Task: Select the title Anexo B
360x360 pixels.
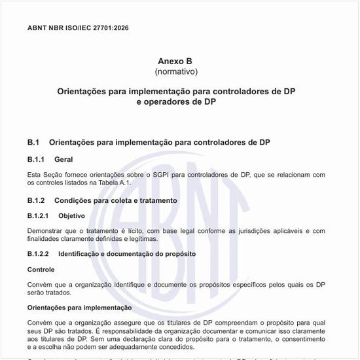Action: (176, 61)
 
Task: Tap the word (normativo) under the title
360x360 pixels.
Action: (176, 71)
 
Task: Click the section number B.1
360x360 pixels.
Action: (34, 141)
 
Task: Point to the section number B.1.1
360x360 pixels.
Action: (36, 159)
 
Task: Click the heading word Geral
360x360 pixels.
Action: (63, 159)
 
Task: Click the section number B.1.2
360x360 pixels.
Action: (36, 200)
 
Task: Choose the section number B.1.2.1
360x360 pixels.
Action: (38, 215)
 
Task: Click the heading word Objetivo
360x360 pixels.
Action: (71, 215)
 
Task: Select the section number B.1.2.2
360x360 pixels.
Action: (38, 253)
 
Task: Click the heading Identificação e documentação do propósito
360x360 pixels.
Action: (127, 253)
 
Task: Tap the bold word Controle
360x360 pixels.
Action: (41, 269)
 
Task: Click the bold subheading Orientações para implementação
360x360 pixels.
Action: (79, 307)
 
